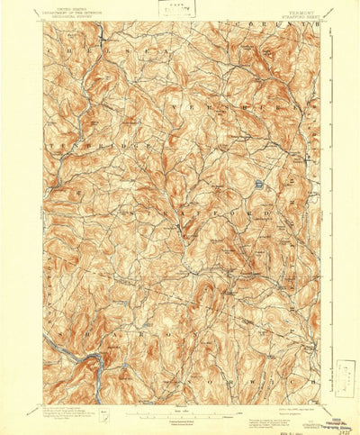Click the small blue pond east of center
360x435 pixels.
(x=257, y=185)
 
